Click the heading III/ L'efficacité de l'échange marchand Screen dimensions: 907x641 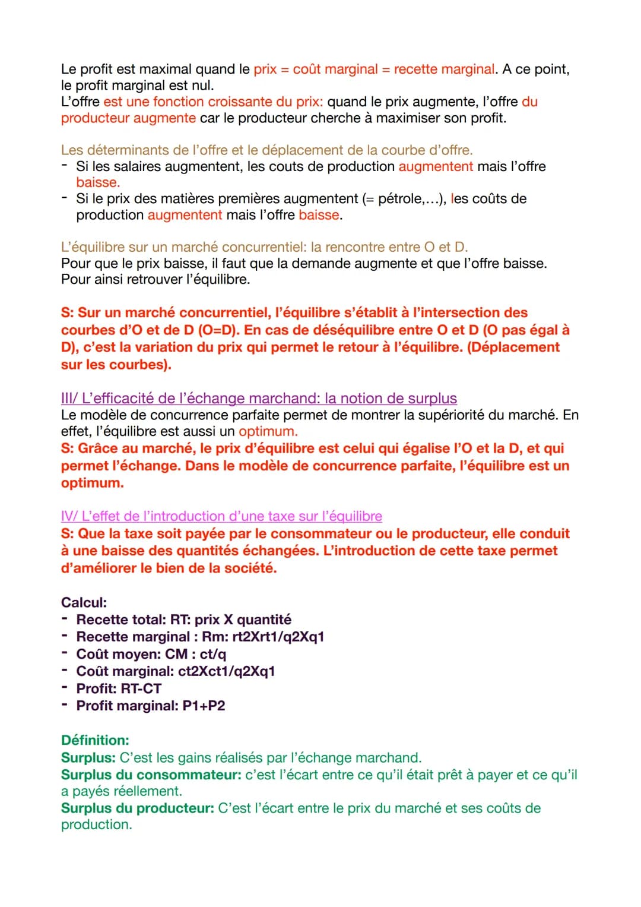tap(259, 398)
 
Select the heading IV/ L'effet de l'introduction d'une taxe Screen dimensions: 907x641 tap(221, 516)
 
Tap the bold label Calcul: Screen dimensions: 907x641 tap(84, 602)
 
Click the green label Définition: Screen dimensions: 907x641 tap(95, 740)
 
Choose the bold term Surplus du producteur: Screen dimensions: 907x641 tap(137, 808)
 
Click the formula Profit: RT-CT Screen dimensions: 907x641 tap(119, 688)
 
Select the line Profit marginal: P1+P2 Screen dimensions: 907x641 tap(151, 706)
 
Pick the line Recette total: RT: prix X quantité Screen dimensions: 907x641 tap(183, 620)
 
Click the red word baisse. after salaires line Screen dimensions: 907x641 tap(98, 182)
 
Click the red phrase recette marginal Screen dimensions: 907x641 tap(444, 69)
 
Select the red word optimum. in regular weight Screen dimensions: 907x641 tap(268, 431)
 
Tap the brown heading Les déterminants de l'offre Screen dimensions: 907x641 tap(266, 150)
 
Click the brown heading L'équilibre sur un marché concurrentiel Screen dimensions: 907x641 tap(264, 247)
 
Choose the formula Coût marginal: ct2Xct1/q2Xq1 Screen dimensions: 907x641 tap(176, 671)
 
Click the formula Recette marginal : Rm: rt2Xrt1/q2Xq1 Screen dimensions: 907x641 tap(200, 637)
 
